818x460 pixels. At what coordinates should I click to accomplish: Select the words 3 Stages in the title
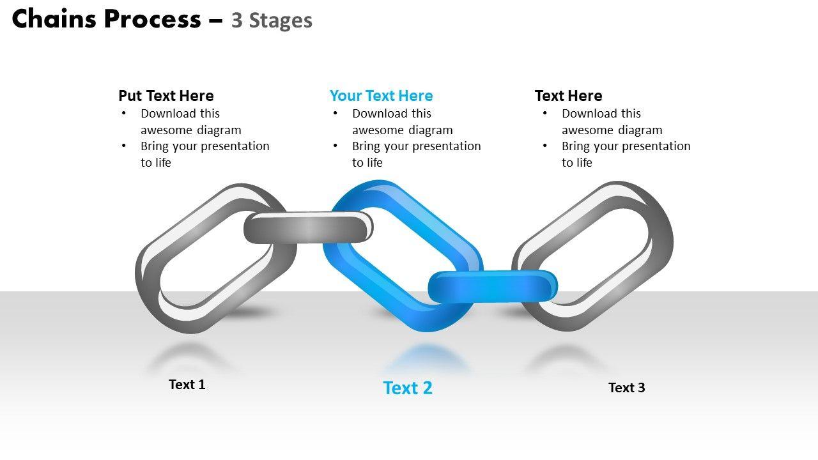pyautogui.click(x=272, y=20)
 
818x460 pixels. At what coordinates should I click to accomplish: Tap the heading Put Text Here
pyautogui.click(x=166, y=96)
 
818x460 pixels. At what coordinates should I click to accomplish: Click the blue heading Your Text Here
pyautogui.click(x=381, y=96)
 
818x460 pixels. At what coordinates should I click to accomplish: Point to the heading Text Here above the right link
pyautogui.click(x=568, y=96)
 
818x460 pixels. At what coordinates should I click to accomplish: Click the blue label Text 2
pyautogui.click(x=408, y=388)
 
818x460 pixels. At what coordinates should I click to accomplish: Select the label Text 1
pyautogui.click(x=187, y=385)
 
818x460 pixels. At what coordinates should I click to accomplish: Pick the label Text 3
pyautogui.click(x=626, y=388)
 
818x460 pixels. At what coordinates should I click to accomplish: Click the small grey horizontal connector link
pyautogui.click(x=308, y=227)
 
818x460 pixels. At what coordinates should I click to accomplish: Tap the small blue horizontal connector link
pyautogui.click(x=492, y=286)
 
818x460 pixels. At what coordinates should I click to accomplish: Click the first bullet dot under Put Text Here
pyautogui.click(x=123, y=114)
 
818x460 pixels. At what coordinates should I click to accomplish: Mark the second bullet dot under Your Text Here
pyautogui.click(x=335, y=146)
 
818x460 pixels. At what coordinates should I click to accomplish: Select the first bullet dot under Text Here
pyautogui.click(x=545, y=114)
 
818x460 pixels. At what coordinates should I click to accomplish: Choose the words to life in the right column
pyautogui.click(x=577, y=163)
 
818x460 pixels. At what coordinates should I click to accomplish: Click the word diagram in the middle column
pyautogui.click(x=429, y=130)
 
